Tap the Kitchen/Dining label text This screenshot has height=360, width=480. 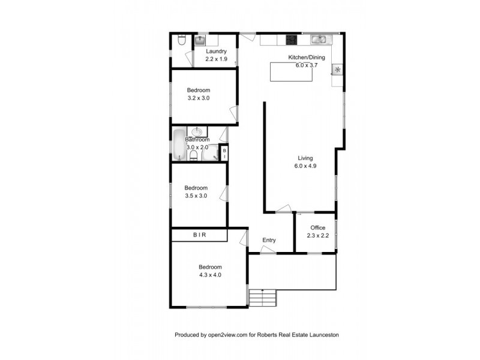(x=306, y=58)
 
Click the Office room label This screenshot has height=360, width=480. (x=317, y=228)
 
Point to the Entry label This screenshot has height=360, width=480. (x=269, y=241)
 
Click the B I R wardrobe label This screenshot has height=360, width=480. (x=199, y=235)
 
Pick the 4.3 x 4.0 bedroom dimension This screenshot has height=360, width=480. (x=210, y=275)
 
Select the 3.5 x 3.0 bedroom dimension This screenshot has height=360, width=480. (x=196, y=195)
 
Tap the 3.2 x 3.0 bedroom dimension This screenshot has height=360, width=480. (x=198, y=98)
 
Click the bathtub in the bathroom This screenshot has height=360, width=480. (x=179, y=145)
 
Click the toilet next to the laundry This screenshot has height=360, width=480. (x=181, y=41)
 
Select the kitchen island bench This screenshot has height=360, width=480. (x=289, y=71)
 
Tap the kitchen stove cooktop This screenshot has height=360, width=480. (x=292, y=40)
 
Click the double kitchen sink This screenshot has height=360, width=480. (x=319, y=40)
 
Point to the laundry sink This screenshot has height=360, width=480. (x=200, y=41)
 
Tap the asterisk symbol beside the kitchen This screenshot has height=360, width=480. (x=338, y=70)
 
